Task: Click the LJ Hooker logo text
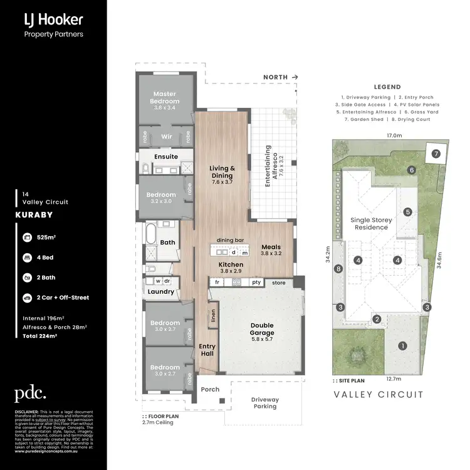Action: coord(53,21)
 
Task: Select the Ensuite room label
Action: coord(166,157)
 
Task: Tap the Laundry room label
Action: coord(161,291)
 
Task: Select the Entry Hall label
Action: coord(207,350)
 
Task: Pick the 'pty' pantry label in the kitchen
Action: coord(256,283)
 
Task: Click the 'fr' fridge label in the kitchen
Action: coord(217,283)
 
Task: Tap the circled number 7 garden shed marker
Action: coord(435,153)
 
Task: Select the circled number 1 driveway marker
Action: coord(402,345)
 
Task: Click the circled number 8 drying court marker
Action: coord(338,269)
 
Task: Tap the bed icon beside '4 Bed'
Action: coord(28,257)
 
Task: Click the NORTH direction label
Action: coord(277,77)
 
